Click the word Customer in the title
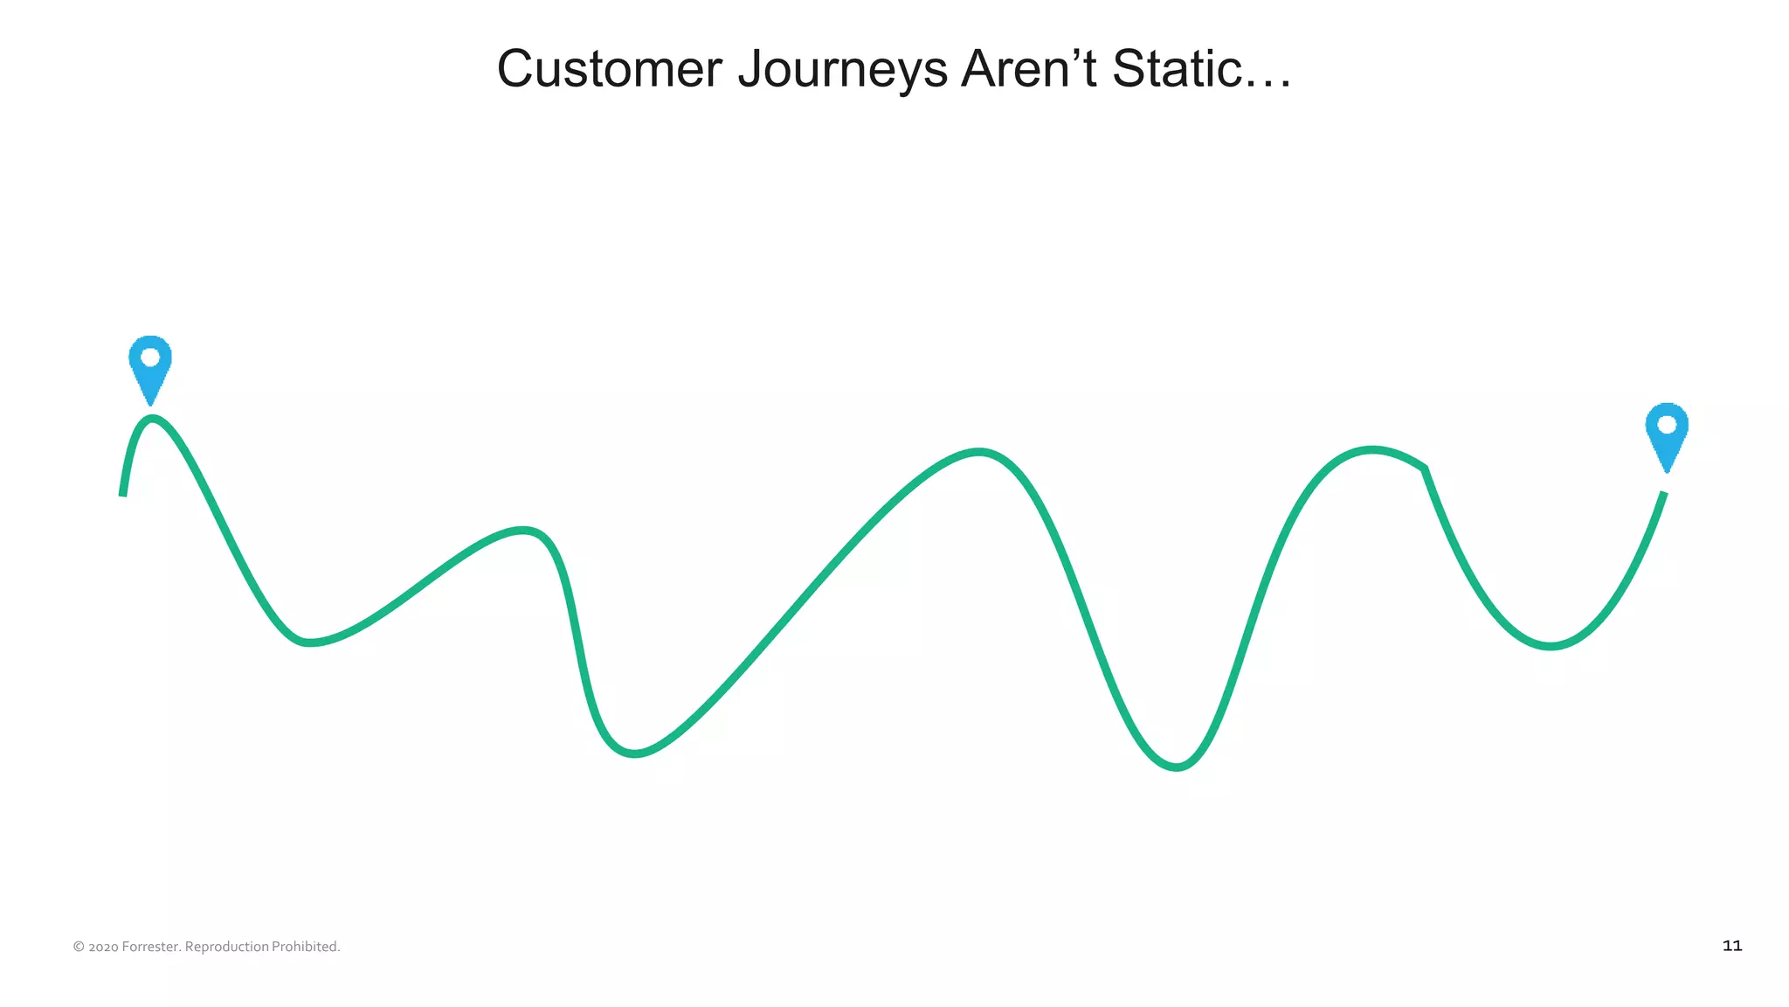pyautogui.click(x=609, y=69)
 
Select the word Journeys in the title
pyautogui.click(x=842, y=69)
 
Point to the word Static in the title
pyautogui.click(x=1176, y=69)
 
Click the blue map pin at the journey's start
pyautogui.click(x=150, y=367)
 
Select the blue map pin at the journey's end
pyautogui.click(x=1667, y=435)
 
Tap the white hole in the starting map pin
pyautogui.click(x=150, y=357)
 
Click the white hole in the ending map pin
pyautogui.click(x=1667, y=425)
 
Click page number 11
pyautogui.click(x=1731, y=946)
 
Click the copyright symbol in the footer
pyautogui.click(x=79, y=947)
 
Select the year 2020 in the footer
pyautogui.click(x=103, y=947)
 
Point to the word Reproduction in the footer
pyautogui.click(x=227, y=947)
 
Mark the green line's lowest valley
pyautogui.click(x=1177, y=767)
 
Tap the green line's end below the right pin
pyautogui.click(x=1663, y=495)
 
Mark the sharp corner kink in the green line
pyautogui.click(x=1425, y=469)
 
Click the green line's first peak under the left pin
pyautogui.click(x=153, y=419)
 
